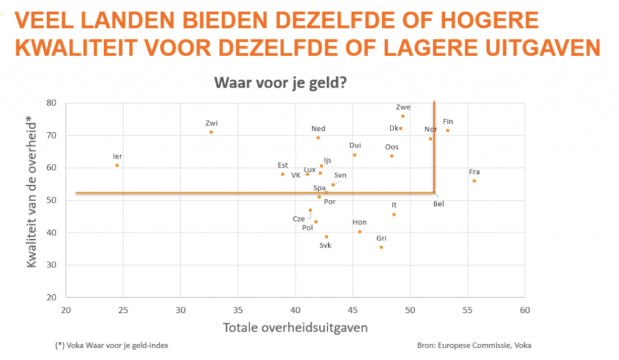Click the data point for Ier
coord(117,166)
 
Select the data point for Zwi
coord(211,132)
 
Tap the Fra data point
coord(474,181)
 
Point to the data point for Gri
coord(381,247)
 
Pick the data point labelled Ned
coord(318,138)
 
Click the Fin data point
coord(447,130)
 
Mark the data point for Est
coord(282,175)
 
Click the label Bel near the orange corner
coord(439,204)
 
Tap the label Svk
coord(326,245)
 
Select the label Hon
coord(359,222)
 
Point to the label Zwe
coord(403,108)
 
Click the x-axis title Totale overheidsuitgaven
coord(296,328)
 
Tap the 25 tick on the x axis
coord(123,310)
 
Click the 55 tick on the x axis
coord(467,310)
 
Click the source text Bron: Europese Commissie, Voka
coord(475,346)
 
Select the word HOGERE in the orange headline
coord(488,21)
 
